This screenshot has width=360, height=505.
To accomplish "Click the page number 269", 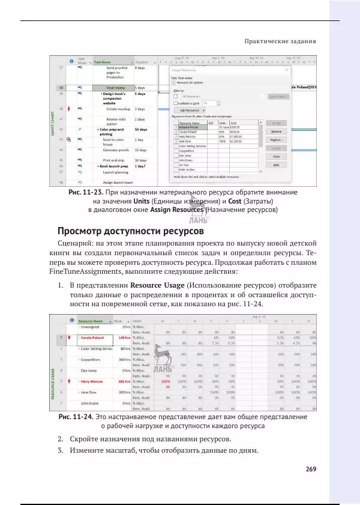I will tap(310, 470).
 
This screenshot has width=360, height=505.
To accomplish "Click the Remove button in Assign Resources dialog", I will tap(277, 131).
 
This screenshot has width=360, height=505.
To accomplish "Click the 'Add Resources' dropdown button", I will tap(188, 110).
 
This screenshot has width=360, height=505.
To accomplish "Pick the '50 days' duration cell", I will tap(142, 129).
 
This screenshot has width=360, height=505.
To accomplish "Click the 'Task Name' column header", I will tap(103, 62).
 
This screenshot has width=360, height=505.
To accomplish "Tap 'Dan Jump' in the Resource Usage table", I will tap(89, 370).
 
